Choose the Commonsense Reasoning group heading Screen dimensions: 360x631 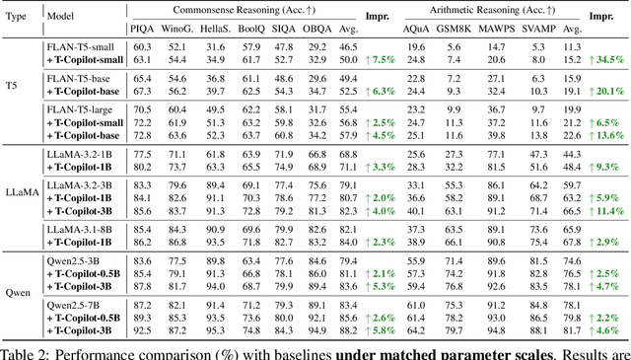[247, 10]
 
